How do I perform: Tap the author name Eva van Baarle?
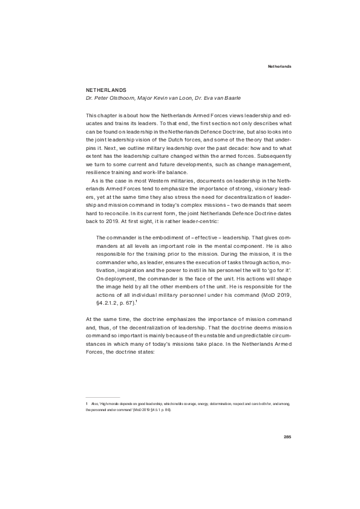pyautogui.click(x=211, y=97)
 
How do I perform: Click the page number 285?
pyautogui.click(x=287, y=436)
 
